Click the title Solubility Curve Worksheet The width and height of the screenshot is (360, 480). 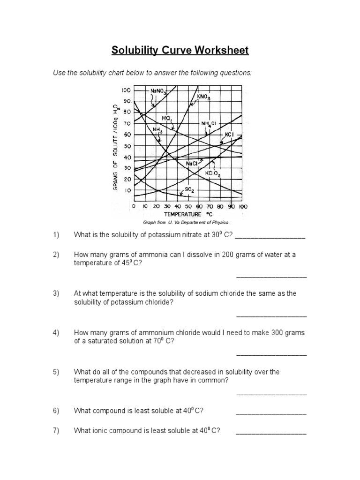(x=180, y=50)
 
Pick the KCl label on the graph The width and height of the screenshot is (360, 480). (x=229, y=134)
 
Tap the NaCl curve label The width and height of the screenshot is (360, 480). (x=191, y=164)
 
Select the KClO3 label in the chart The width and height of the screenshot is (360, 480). (x=212, y=173)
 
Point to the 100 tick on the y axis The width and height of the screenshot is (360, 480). (x=126, y=90)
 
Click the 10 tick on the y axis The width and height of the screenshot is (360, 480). (x=127, y=190)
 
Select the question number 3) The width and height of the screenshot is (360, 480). (x=56, y=293)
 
